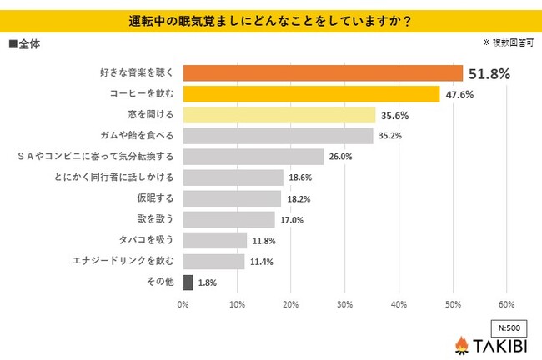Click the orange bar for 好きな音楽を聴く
pos(322,73)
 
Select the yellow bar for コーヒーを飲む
pos(311,94)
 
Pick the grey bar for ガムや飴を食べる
pos(278,136)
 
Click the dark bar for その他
pos(188,282)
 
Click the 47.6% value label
pos(459,95)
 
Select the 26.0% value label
pos(340,157)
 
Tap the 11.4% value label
pos(261,262)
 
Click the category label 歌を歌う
pos(157,219)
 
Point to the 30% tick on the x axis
pos(344,304)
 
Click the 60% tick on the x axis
pos(506,304)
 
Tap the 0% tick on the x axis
pos(183,304)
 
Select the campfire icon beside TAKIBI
pos(461,343)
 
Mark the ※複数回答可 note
pos(507,41)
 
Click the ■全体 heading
pos(26,42)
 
